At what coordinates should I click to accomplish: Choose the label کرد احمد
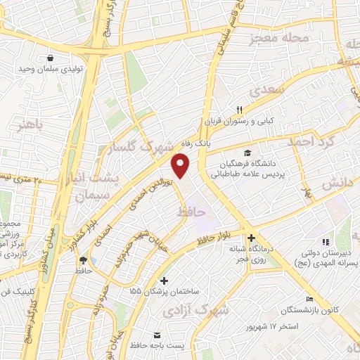click(x=307, y=141)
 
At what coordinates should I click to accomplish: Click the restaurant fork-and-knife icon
click(x=239, y=109)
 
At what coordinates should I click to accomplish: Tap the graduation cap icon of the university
click(x=246, y=152)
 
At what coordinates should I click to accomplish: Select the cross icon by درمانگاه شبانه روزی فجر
click(x=251, y=238)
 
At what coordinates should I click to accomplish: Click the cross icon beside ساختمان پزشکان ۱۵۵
click(x=164, y=281)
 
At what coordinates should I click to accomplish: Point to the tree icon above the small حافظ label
click(x=83, y=259)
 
